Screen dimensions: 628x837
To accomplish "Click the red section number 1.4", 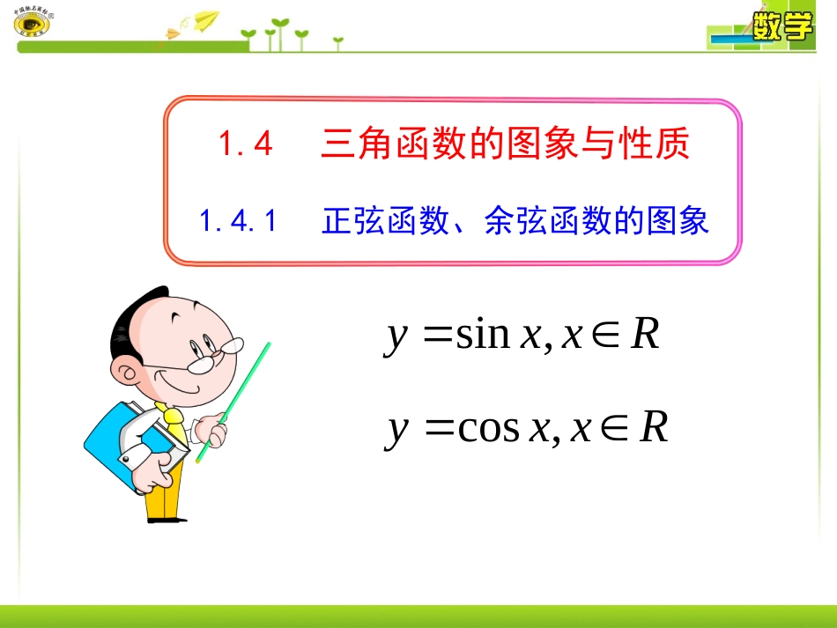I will pyautogui.click(x=246, y=144).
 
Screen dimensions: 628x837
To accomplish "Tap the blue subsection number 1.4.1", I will pyautogui.click(x=238, y=220).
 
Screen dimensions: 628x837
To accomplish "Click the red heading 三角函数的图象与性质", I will pyautogui.click(x=505, y=144).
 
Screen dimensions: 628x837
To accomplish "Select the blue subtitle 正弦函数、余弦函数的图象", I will pyautogui.click(x=515, y=220).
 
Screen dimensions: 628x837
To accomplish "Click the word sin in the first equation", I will pyautogui.click(x=483, y=335).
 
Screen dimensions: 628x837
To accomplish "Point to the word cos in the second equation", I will pyautogui.click(x=488, y=428).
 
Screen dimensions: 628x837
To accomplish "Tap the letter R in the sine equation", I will pyautogui.click(x=645, y=335).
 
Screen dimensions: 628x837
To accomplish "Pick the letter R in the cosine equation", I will pyautogui.click(x=653, y=428).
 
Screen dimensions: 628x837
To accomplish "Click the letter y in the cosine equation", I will pyautogui.click(x=398, y=430).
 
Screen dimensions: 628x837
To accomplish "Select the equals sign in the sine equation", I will pyautogui.click(x=438, y=336).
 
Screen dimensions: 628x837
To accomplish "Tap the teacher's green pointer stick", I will pyautogui.click(x=233, y=401).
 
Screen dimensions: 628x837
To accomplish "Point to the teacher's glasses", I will pyautogui.click(x=216, y=354).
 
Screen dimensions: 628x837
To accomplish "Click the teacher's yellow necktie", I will pyautogui.click(x=174, y=423).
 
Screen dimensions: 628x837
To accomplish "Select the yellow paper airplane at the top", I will pyautogui.click(x=205, y=18).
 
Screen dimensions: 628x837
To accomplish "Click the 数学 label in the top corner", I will pyautogui.click(x=781, y=26).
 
